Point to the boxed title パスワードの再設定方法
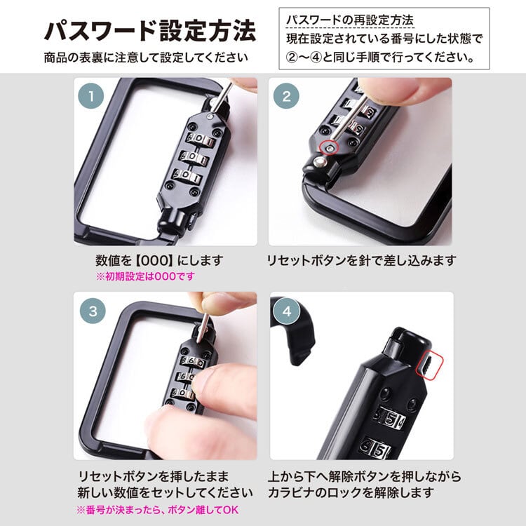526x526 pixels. (349, 19)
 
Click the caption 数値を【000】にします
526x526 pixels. (159, 260)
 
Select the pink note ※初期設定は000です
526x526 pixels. (144, 276)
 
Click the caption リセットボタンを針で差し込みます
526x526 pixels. (361, 260)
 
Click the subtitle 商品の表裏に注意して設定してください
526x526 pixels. (146, 57)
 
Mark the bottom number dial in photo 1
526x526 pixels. (188, 177)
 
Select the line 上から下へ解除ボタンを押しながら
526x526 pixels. (364, 475)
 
